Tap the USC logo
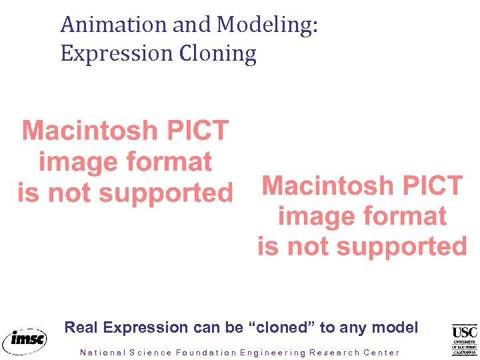[x=465, y=339]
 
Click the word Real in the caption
[x=82, y=327]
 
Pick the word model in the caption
[x=395, y=327]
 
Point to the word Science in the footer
[x=150, y=353]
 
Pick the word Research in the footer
[x=333, y=353]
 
